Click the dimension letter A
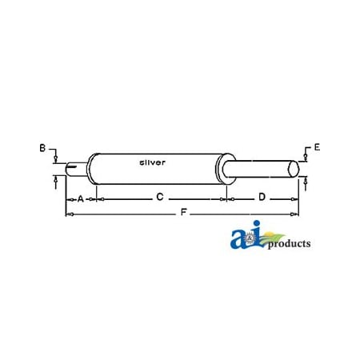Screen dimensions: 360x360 (x=80, y=198)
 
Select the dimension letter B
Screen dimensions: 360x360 (x=42, y=147)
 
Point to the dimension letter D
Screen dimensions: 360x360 (x=262, y=197)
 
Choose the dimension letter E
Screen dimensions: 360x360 (x=317, y=147)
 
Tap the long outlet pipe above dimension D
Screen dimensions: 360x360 (x=256, y=170)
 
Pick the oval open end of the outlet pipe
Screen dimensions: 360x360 (x=294, y=170)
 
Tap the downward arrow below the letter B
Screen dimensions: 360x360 (x=54, y=159)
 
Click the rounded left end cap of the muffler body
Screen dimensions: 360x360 (x=93, y=170)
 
